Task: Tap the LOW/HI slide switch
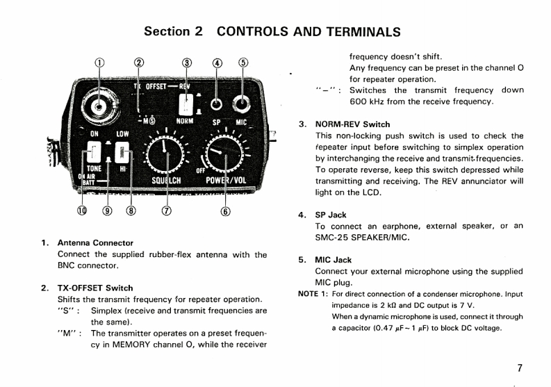tap(123, 152)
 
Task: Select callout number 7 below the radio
tap(165, 211)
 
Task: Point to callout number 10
tap(83, 211)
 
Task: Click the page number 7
tap(520, 368)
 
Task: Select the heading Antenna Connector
tap(94, 243)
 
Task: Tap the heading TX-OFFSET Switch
tap(94, 288)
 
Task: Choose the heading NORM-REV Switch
tap(353, 124)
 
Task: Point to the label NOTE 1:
tap(313, 294)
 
